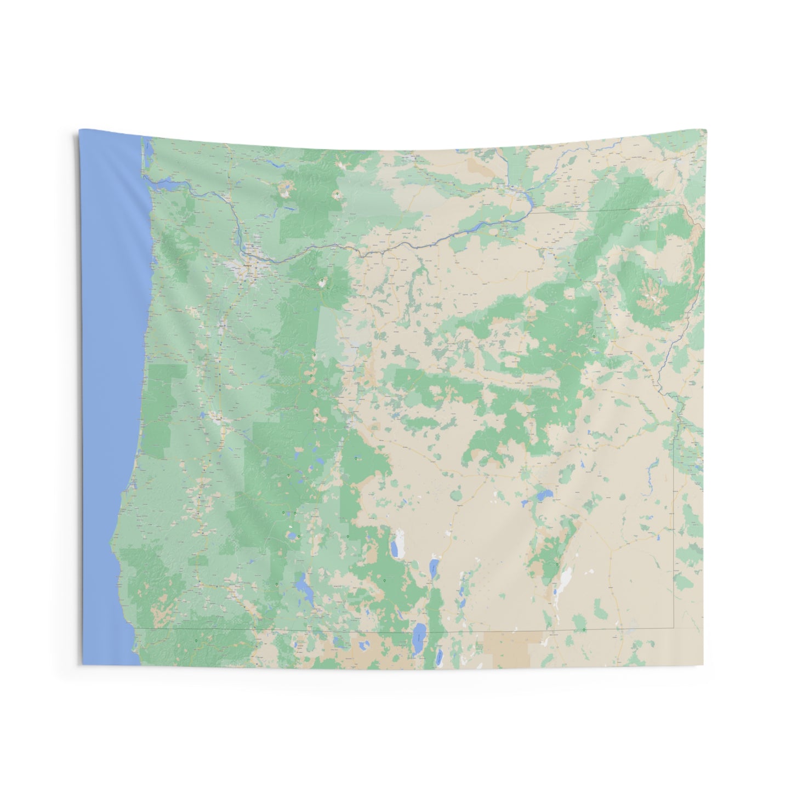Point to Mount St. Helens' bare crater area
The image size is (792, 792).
(286, 192)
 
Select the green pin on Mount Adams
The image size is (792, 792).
(337, 193)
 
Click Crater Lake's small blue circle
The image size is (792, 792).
(292, 535)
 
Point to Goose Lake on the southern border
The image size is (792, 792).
(419, 634)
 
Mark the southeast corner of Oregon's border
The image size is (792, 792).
(673, 628)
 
